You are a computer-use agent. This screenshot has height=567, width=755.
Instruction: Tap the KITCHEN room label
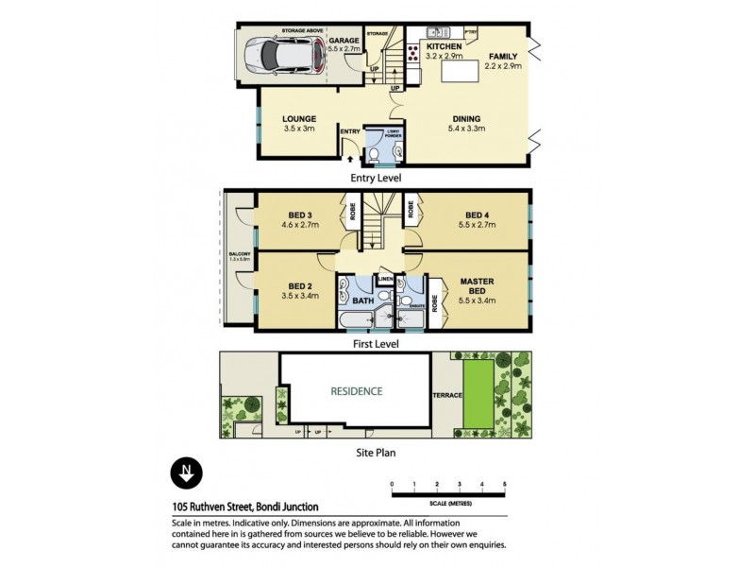(x=444, y=46)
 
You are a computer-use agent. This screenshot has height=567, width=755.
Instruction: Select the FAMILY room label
(x=503, y=56)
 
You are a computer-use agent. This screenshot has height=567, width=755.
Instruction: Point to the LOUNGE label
(x=298, y=118)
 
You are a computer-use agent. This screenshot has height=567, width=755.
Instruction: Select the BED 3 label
(x=298, y=214)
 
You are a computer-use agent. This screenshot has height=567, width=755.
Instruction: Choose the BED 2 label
(x=298, y=285)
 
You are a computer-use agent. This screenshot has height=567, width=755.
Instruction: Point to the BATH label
(x=362, y=302)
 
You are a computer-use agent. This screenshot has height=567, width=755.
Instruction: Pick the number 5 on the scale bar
(x=505, y=484)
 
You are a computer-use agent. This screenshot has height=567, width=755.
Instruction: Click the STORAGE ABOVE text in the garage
(x=297, y=31)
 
